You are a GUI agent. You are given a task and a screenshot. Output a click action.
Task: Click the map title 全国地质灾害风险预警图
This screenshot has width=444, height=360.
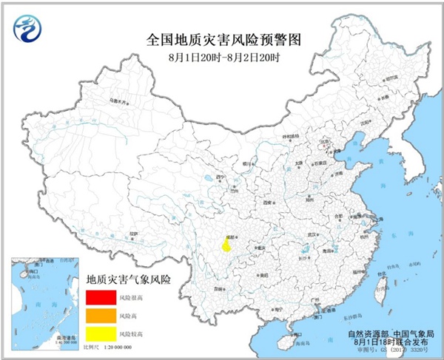[x=221, y=38]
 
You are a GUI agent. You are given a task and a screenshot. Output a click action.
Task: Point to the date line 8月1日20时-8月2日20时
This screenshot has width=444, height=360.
[x=222, y=56]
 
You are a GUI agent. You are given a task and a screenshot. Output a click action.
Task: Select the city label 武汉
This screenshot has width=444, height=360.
[x=301, y=236]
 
